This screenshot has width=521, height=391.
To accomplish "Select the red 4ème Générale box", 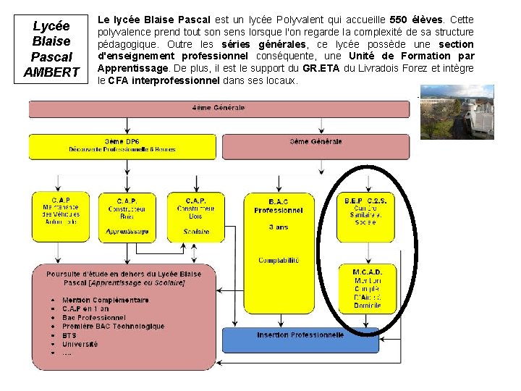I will point(219,109).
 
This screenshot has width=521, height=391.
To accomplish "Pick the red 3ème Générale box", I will point(315,146).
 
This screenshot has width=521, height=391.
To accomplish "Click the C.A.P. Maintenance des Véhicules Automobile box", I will point(61,216).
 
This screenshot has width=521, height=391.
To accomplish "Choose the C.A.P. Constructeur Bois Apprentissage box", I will point(127,216).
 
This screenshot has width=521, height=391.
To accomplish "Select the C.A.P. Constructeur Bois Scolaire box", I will point(195,216).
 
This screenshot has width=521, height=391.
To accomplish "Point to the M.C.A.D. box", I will point(367,289).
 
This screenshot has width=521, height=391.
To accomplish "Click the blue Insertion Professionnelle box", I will point(300,339).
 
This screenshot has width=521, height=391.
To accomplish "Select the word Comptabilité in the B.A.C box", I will point(279,261).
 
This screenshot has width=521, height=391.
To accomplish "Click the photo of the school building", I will point(457,112).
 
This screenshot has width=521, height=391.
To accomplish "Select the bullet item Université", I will point(80,345).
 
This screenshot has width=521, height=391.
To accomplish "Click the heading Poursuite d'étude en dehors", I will point(124,274).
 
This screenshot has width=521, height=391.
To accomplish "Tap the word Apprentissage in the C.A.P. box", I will point(127,232).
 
